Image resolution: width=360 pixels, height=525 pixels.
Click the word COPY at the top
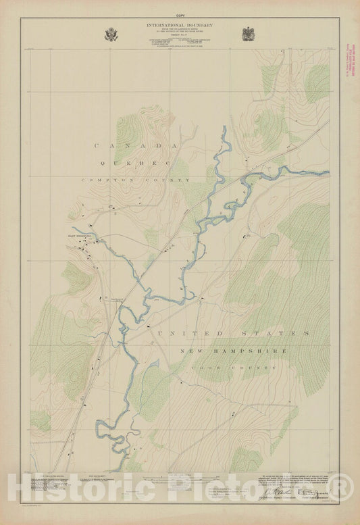pyautogui.click(x=180, y=14)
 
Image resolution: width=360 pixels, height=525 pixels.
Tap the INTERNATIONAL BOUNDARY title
pyautogui.click(x=180, y=25)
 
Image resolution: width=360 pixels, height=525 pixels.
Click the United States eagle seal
pyautogui.click(x=111, y=34)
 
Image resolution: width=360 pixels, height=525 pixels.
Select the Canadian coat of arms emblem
pyautogui.click(x=247, y=34)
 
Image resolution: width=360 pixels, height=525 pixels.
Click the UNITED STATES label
pyautogui.click(x=232, y=334)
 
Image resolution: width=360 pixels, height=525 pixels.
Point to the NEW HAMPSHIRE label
pyautogui.click(x=234, y=351)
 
